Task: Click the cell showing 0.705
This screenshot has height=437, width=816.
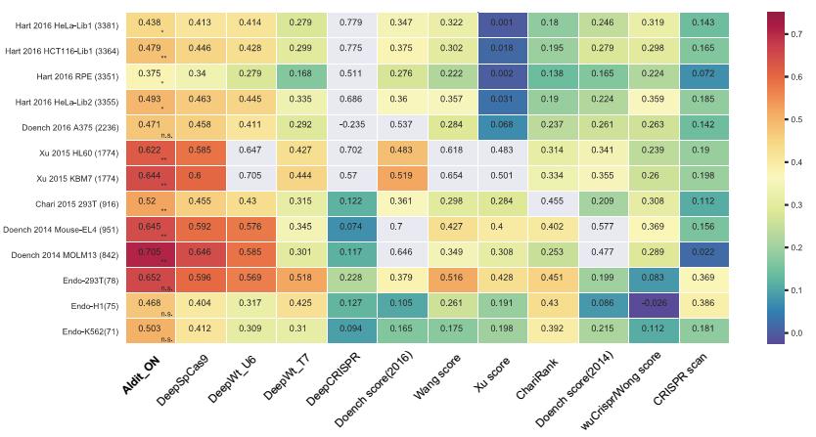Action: tap(150, 253)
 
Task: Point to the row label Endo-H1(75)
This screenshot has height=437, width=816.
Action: tap(92, 305)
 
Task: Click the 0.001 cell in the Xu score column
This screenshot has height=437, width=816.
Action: tap(502, 22)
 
